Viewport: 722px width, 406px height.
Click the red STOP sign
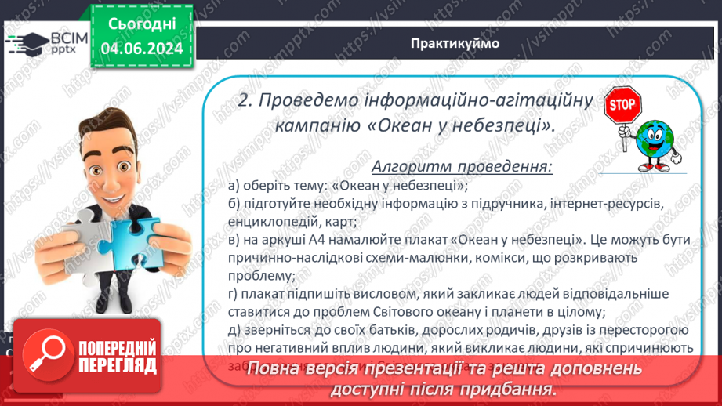click(x=624, y=105)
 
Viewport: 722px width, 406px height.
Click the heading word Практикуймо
click(x=454, y=42)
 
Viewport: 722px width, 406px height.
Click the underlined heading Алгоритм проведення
click(x=462, y=167)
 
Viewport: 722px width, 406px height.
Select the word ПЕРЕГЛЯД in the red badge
click(x=117, y=366)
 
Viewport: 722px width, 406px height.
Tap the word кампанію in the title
click(x=317, y=125)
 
